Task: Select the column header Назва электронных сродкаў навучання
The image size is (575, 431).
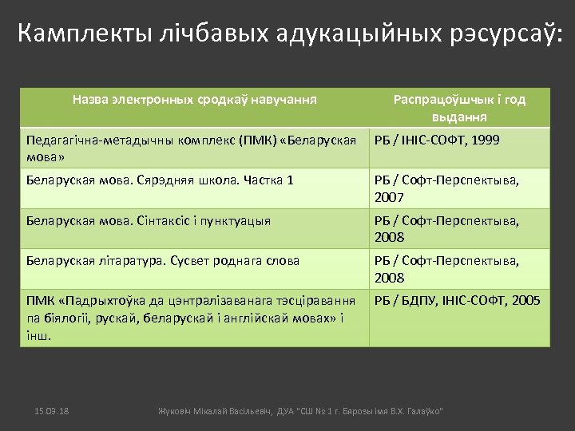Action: tap(194, 100)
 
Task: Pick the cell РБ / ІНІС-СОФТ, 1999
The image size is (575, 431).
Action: tap(437, 140)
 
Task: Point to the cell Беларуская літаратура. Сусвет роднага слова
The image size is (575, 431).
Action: tap(163, 261)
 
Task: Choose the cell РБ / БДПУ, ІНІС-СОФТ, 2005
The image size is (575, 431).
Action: tap(457, 301)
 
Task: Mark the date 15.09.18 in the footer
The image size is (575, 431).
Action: tap(52, 410)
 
